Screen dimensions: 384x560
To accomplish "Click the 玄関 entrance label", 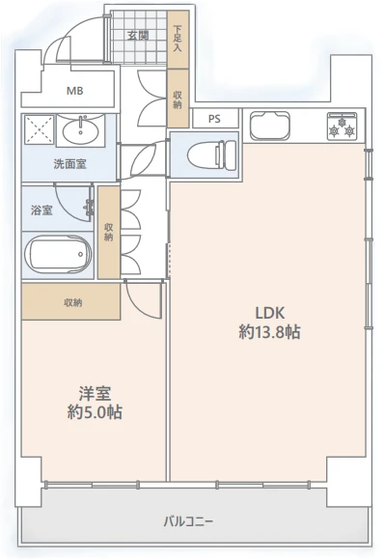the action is (x=138, y=36).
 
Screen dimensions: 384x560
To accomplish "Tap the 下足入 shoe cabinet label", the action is (x=178, y=39).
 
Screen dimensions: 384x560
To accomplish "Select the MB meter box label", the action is (x=75, y=91).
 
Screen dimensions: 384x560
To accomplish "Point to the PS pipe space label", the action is (x=214, y=119).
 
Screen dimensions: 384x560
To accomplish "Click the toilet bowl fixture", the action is (x=211, y=154).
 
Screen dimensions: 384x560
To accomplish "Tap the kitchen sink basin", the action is (x=269, y=126).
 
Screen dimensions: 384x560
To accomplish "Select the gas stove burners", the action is (x=342, y=126).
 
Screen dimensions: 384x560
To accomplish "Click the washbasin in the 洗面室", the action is (x=81, y=130).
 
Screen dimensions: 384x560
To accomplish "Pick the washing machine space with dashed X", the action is (x=40, y=129).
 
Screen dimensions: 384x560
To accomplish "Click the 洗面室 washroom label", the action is (x=69, y=164).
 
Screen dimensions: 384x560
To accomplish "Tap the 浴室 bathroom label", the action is (x=41, y=210).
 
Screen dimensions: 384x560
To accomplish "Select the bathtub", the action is (x=58, y=254).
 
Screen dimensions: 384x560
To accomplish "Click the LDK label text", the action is (x=270, y=313).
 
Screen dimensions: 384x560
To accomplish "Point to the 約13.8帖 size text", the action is (x=269, y=332).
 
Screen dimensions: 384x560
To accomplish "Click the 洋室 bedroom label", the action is (x=95, y=393).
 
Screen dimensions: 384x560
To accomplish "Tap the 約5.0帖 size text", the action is (x=95, y=412).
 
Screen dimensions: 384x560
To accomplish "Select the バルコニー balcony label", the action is (x=188, y=521).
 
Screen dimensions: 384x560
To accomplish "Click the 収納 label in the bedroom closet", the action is (x=73, y=303).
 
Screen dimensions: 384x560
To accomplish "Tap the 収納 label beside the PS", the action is (x=178, y=99).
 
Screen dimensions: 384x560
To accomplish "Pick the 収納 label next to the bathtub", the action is (x=109, y=232).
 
